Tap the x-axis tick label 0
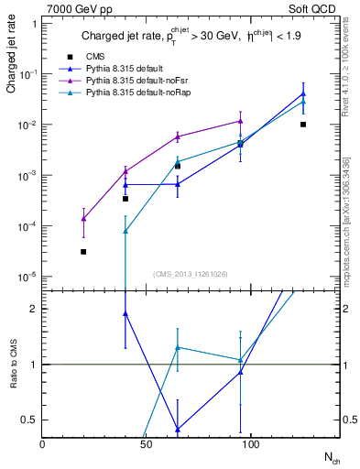point(43,445)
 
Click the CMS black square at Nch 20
point(83,251)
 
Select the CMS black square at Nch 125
point(303,124)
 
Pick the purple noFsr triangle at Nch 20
point(83,218)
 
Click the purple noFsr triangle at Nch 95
point(240,120)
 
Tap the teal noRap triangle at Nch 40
point(125,231)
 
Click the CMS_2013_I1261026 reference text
point(190,273)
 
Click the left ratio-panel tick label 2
point(32,309)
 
